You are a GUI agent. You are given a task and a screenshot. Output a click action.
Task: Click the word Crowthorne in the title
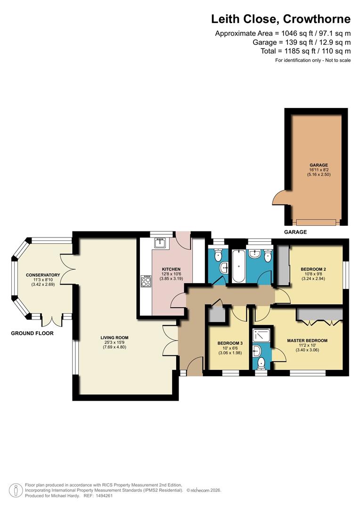click(x=317, y=19)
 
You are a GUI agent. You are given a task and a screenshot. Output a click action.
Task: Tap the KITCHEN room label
click(x=171, y=269)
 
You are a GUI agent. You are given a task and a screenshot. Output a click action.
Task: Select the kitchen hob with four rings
click(x=146, y=281)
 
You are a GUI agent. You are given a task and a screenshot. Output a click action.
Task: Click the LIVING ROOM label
click(x=114, y=337)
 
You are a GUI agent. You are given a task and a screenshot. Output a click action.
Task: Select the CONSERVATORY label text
click(x=43, y=275)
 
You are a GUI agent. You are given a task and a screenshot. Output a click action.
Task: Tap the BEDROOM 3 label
click(x=230, y=343)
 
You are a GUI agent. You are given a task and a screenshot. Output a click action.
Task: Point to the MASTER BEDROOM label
click(x=307, y=341)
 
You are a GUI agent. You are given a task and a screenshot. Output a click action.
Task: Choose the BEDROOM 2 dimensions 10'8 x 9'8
click(x=313, y=274)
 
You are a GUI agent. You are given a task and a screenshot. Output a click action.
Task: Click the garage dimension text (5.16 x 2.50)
click(x=319, y=174)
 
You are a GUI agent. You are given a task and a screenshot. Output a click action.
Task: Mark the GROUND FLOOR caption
click(x=32, y=333)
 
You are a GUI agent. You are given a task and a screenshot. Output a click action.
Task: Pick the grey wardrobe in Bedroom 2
click(x=283, y=265)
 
